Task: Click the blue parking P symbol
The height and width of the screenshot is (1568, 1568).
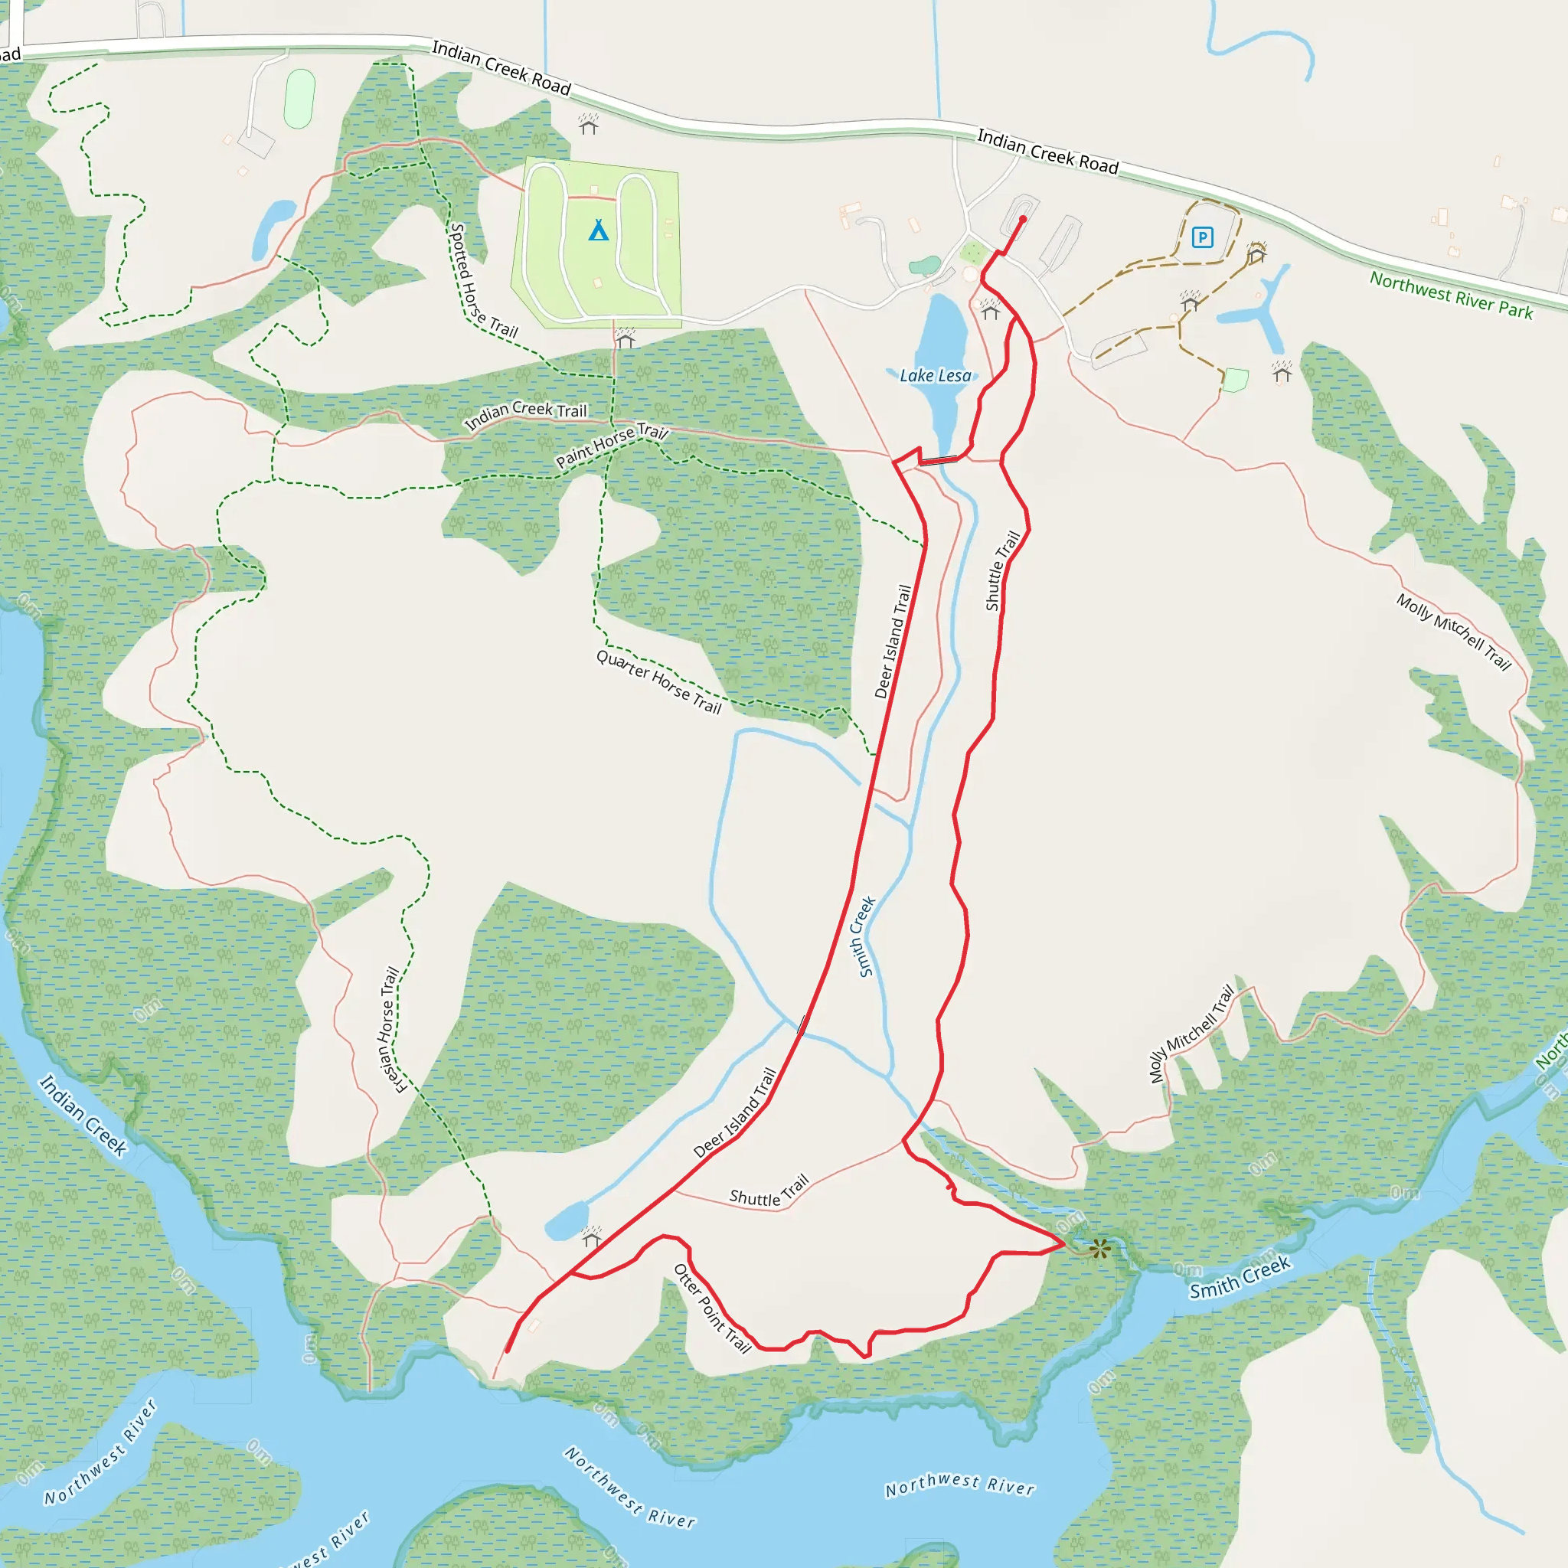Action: pos(1202,237)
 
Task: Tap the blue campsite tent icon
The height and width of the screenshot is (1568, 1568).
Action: pos(598,230)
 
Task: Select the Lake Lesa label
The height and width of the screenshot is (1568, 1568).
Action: pos(935,376)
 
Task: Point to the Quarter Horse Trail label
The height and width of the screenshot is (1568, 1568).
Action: pos(659,681)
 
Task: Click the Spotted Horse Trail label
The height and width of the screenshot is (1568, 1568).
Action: pos(483,281)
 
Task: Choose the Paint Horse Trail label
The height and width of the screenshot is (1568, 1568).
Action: pos(611,446)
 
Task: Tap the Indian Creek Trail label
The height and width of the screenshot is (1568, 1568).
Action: pos(525,414)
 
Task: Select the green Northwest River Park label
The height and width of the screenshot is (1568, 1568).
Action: pos(1451,296)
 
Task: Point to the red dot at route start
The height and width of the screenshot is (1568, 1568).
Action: pos(1023,219)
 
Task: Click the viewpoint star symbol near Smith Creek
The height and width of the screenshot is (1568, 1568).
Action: pos(1099,1249)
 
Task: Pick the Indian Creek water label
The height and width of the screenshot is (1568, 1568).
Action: pos(83,1115)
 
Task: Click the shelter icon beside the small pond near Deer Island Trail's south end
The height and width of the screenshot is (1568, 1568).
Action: pos(592,1236)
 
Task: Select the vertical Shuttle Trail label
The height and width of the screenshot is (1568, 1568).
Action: pos(1002,570)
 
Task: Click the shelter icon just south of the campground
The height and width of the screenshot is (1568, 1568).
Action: pos(624,338)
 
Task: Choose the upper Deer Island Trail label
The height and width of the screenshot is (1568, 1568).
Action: pos(893,642)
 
